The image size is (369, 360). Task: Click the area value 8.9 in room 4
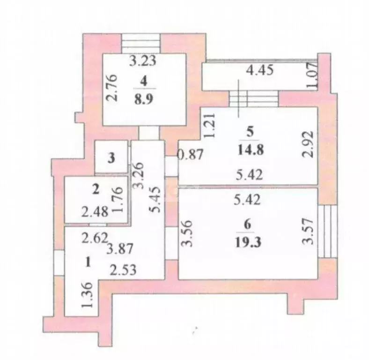(x=144, y=99)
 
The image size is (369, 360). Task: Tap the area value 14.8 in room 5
(x=251, y=150)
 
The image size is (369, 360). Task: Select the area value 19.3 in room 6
(x=248, y=242)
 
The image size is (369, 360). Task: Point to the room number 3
(x=111, y=158)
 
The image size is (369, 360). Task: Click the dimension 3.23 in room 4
(x=143, y=60)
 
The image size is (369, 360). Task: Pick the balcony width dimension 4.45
(x=260, y=70)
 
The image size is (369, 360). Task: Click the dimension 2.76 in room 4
(x=111, y=88)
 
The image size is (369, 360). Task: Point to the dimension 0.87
(x=191, y=155)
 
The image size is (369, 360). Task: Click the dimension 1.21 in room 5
(x=209, y=125)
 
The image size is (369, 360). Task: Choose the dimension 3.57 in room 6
(x=308, y=232)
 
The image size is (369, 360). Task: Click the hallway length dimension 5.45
(x=155, y=200)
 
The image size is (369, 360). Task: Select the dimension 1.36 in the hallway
(x=87, y=295)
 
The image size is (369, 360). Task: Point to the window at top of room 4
(x=141, y=44)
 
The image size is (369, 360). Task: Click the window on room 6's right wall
(x=327, y=232)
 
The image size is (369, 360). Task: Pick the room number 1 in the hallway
(x=88, y=262)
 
